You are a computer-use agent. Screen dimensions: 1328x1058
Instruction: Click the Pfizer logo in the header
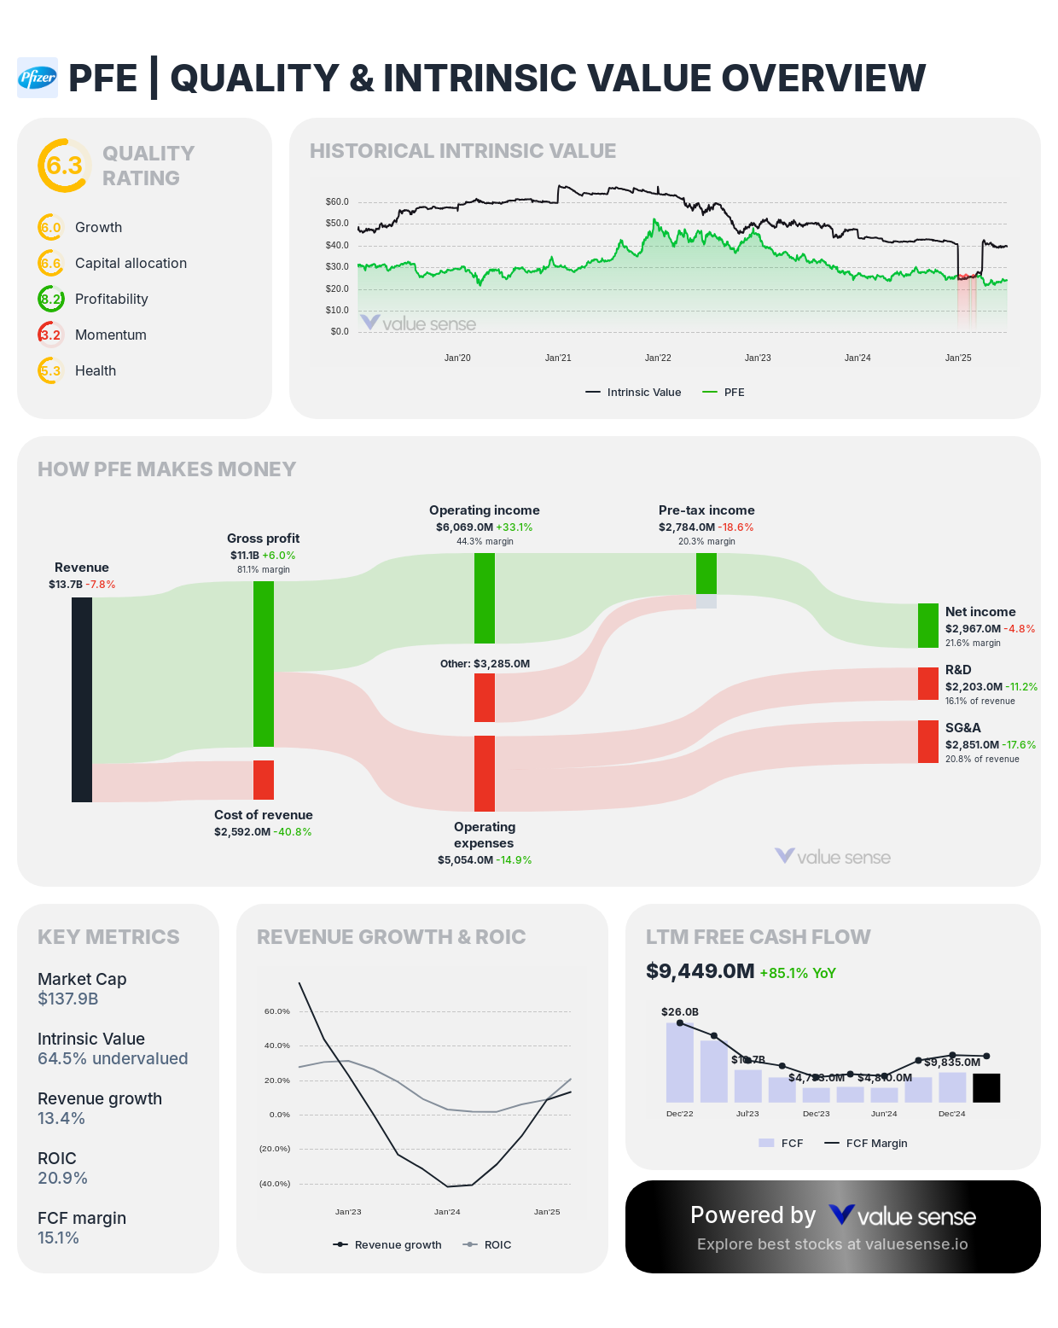(x=38, y=78)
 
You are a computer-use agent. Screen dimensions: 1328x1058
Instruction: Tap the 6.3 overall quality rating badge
(x=64, y=166)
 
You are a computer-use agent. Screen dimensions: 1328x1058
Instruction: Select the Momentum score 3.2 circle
(x=50, y=335)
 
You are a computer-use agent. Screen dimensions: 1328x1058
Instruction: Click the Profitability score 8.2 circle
(x=50, y=299)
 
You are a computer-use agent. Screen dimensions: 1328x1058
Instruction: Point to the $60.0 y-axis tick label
(x=337, y=202)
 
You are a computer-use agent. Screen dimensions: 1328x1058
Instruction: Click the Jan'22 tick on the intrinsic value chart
(x=658, y=358)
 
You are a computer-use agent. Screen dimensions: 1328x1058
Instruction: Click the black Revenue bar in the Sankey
(x=82, y=700)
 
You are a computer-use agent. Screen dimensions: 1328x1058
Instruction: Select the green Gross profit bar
(x=264, y=664)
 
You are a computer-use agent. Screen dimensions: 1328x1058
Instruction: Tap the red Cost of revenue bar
(x=264, y=780)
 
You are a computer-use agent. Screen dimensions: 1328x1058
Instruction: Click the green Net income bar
(x=928, y=626)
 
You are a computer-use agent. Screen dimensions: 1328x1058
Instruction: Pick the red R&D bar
(x=928, y=684)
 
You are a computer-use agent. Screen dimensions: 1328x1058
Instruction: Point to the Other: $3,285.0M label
(x=485, y=664)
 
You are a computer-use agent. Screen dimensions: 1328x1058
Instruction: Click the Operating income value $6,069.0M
(x=464, y=527)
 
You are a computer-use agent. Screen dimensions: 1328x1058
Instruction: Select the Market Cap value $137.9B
(x=68, y=999)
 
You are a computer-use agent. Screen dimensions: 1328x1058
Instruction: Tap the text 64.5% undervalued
(x=113, y=1058)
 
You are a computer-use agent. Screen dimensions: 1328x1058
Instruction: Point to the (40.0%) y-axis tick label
(x=275, y=1184)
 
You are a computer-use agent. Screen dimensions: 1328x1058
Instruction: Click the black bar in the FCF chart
(x=986, y=1088)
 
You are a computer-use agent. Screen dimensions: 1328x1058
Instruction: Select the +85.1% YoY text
(x=798, y=973)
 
